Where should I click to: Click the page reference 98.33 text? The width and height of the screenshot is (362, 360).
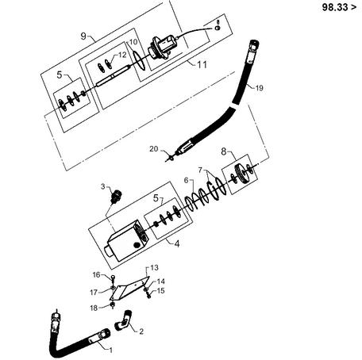tap(336, 7)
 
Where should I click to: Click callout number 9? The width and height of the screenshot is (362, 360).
tap(83, 36)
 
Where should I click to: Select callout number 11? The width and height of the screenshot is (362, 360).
tap(202, 64)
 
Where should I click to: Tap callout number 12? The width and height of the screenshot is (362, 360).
tap(122, 55)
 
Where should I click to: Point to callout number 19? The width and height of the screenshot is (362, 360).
tap(260, 88)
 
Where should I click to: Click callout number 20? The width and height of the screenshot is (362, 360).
tap(154, 149)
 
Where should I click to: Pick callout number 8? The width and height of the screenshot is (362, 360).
tap(224, 151)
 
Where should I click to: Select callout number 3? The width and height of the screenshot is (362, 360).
tap(103, 186)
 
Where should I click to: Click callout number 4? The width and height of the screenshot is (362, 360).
tap(177, 243)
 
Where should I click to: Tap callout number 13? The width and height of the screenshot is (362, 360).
tap(154, 267)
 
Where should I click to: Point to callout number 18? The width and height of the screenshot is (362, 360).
tap(94, 308)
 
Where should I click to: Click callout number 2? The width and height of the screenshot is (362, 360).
tap(141, 331)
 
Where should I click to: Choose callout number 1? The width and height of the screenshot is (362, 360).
tap(111, 350)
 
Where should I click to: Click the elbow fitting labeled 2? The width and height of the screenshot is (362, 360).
tap(123, 320)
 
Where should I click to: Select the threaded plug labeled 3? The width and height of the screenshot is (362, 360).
tap(115, 196)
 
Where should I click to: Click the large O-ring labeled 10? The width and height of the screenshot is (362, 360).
tap(139, 60)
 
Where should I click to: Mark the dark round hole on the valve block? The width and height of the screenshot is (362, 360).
tap(137, 245)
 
